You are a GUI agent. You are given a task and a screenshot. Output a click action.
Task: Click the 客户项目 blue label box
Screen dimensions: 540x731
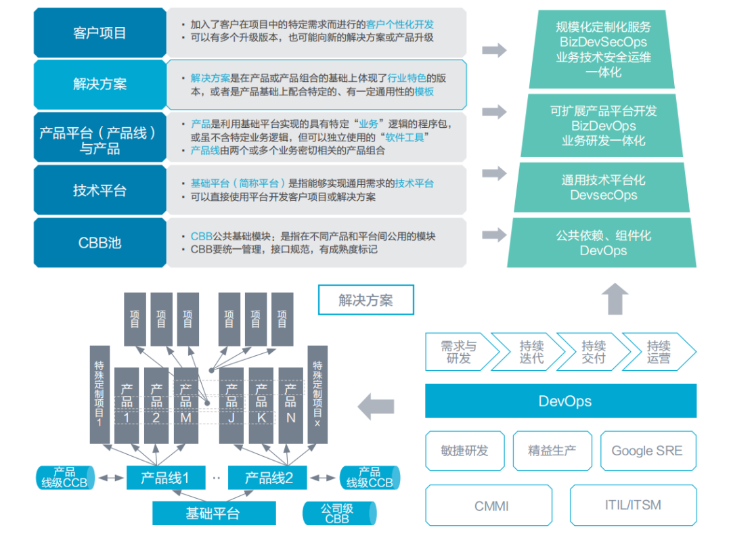coord(99,32)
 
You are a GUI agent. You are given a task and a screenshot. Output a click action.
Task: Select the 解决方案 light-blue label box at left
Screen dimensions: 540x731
coord(99,85)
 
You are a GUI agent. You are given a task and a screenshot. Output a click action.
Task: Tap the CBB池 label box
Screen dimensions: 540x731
coord(99,242)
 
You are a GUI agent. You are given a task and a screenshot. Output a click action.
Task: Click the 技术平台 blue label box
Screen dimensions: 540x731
coord(99,190)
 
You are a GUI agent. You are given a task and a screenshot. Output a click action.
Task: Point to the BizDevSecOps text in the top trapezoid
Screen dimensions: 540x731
coord(603,42)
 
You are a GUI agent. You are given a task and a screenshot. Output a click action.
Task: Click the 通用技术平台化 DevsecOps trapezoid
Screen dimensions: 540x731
coord(603,187)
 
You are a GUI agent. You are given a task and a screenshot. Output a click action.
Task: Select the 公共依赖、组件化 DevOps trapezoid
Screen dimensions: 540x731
coord(603,242)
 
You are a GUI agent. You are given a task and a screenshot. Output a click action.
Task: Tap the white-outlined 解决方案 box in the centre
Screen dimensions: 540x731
coord(365,300)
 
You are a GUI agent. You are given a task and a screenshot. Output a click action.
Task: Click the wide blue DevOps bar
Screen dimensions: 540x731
coord(560,401)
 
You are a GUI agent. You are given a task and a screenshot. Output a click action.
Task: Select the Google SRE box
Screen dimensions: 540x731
coord(647,451)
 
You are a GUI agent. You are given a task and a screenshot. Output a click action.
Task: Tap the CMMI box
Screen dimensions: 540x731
coord(491,505)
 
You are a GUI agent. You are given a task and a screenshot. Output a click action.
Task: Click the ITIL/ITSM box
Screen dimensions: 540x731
coord(632,505)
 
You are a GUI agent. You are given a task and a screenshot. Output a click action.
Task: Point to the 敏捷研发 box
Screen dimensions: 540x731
coord(464,451)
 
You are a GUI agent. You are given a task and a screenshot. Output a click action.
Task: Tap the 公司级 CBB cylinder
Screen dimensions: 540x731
coord(336,514)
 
